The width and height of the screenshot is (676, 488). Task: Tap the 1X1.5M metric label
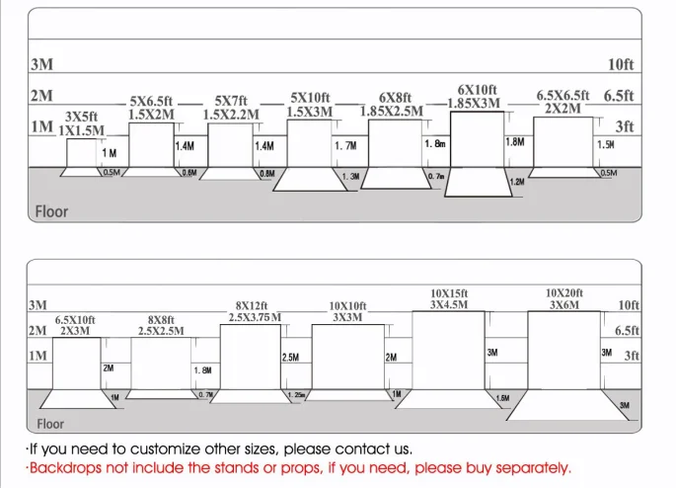point(81,130)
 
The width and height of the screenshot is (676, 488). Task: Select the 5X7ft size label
point(231,101)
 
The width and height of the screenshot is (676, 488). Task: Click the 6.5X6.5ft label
point(563,96)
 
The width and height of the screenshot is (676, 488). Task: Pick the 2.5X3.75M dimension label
point(255,317)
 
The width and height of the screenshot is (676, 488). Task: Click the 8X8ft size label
point(161,320)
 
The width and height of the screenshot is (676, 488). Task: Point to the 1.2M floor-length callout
point(516,182)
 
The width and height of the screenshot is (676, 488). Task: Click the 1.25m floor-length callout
point(297,394)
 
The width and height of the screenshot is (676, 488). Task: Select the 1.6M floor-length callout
point(501,397)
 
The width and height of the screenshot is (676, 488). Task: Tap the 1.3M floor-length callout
point(350,176)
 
